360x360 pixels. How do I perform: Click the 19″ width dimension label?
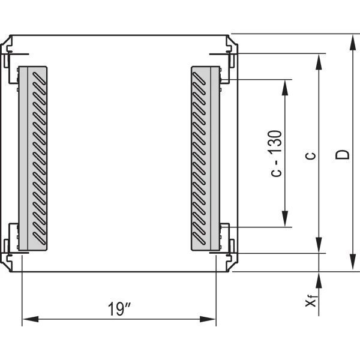(119, 309)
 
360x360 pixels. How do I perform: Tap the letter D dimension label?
(343, 155)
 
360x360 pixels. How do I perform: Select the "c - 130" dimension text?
(276, 154)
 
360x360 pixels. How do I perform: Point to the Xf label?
(311, 301)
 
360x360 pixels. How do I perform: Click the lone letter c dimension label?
(311, 156)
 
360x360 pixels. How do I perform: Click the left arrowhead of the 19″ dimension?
(31, 319)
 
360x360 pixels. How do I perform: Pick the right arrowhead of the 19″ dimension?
(208, 319)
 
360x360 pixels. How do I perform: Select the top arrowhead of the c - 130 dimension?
(285, 88)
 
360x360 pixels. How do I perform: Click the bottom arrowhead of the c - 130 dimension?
(285, 219)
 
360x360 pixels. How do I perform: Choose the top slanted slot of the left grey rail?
(39, 79)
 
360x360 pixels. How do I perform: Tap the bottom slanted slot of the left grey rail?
(39, 238)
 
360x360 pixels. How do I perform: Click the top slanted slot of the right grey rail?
(199, 79)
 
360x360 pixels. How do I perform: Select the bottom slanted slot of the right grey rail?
(199, 238)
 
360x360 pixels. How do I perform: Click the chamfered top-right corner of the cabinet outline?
(233, 40)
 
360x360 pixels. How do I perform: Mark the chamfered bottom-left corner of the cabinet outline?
(5, 267)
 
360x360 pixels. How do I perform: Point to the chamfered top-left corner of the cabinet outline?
(5, 40)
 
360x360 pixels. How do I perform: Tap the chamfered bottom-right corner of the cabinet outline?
(233, 267)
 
